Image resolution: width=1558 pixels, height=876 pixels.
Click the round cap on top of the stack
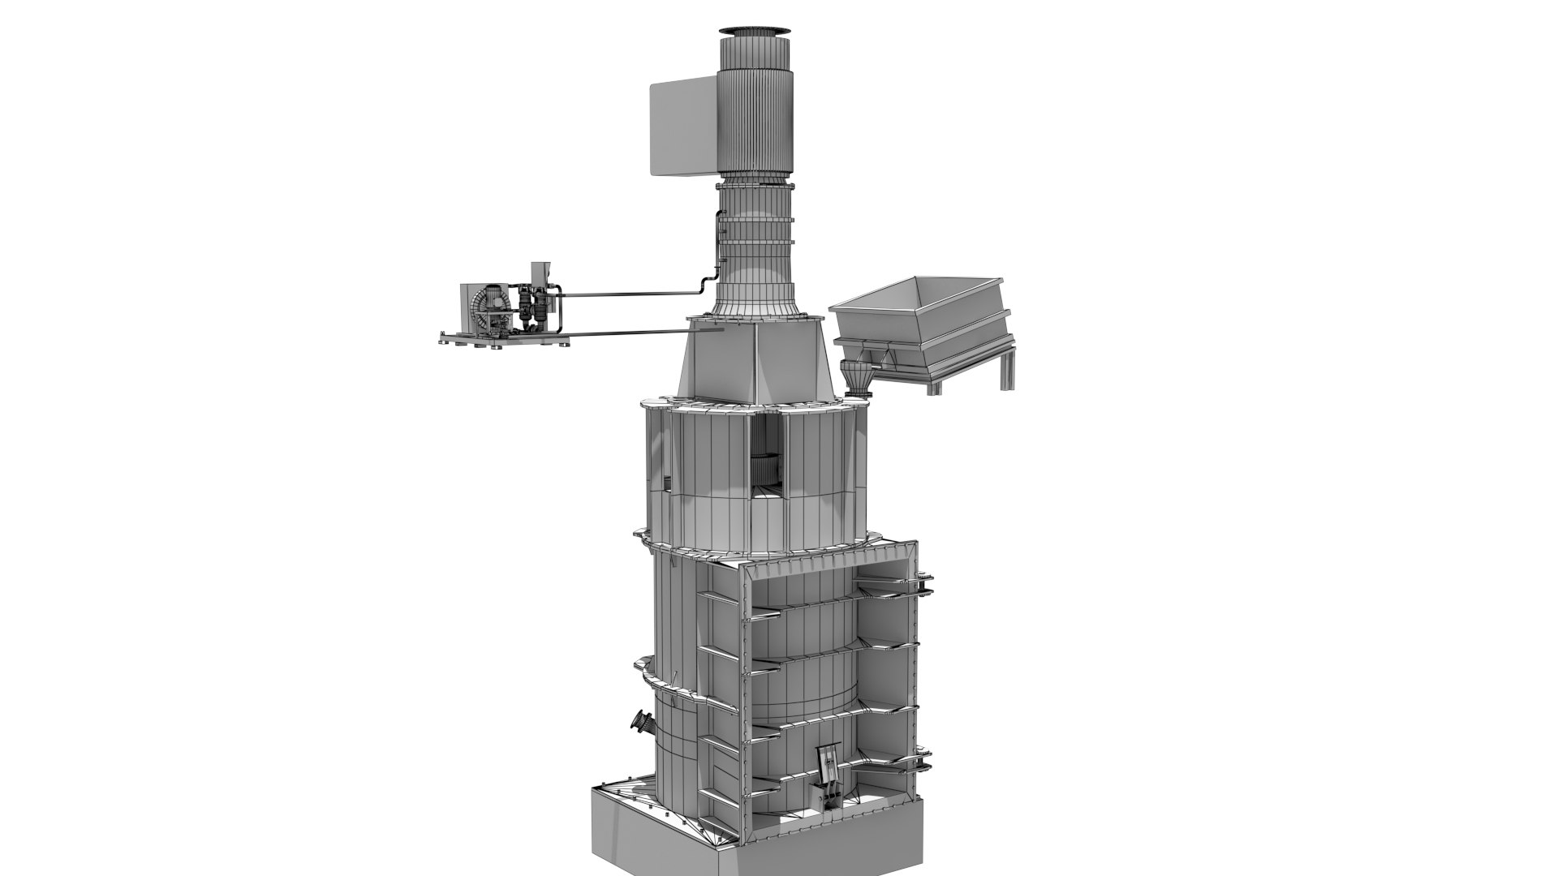point(755,31)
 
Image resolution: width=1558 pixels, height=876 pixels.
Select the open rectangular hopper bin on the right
point(921,312)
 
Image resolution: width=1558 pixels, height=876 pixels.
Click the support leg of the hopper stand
point(1008,369)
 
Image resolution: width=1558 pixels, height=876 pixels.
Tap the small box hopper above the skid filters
point(539,273)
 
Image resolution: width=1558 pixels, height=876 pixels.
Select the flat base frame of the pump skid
point(503,341)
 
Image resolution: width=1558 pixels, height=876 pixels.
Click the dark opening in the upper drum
point(767,462)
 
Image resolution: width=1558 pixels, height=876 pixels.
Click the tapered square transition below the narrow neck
point(755,357)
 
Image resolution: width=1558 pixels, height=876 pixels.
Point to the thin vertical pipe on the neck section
point(718,239)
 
